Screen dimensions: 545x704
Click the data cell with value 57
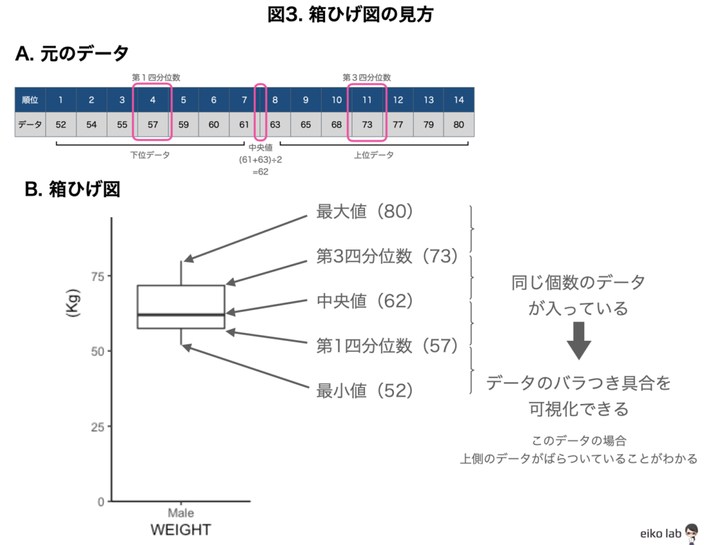pyautogui.click(x=153, y=125)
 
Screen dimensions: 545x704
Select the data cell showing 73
pyautogui.click(x=367, y=125)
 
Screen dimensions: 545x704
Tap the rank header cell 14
pyautogui.click(x=459, y=100)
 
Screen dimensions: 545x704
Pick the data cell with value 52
pyautogui.click(x=60, y=125)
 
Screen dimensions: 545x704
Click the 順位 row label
pyautogui.click(x=30, y=100)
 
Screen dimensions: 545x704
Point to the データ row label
pyautogui.click(x=30, y=125)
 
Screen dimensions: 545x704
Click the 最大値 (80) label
pyautogui.click(x=364, y=212)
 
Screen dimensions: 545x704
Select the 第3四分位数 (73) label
pyautogui.click(x=386, y=256)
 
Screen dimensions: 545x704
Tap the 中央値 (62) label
pyautogui.click(x=364, y=301)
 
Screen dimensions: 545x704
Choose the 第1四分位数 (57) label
pyautogui.click(x=386, y=346)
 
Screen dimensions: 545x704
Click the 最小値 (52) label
pyautogui.click(x=364, y=391)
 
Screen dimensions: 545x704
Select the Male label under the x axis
pyautogui.click(x=181, y=513)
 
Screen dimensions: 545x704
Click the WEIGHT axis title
pyautogui.click(x=181, y=530)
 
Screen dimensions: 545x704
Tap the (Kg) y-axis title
pyautogui.click(x=73, y=302)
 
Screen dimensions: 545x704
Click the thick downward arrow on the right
pyautogui.click(x=579, y=341)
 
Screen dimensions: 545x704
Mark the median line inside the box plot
pyautogui.click(x=181, y=314)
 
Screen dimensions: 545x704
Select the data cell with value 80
pyautogui.click(x=459, y=125)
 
